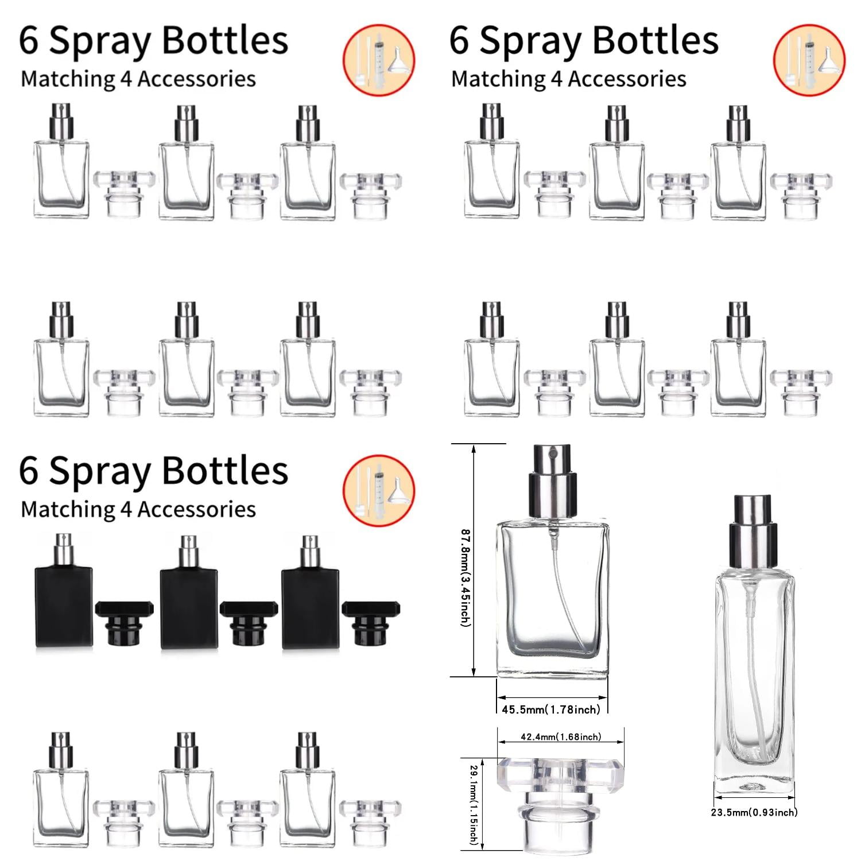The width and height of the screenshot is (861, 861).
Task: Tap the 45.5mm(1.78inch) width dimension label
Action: tap(551, 709)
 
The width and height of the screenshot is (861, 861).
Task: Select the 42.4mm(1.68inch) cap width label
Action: tap(560, 737)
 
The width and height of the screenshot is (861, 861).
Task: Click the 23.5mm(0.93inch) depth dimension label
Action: tap(754, 812)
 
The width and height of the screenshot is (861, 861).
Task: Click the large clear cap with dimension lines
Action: tap(560, 801)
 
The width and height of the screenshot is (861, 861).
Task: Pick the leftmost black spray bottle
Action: tap(64, 597)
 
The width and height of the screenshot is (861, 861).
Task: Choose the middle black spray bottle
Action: tap(189, 597)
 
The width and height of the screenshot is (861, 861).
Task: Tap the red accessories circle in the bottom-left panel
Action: tap(379, 491)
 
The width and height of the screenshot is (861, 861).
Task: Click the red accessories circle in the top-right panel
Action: tap(809, 60)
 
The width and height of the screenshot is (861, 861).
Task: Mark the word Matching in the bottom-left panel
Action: tap(68, 510)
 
